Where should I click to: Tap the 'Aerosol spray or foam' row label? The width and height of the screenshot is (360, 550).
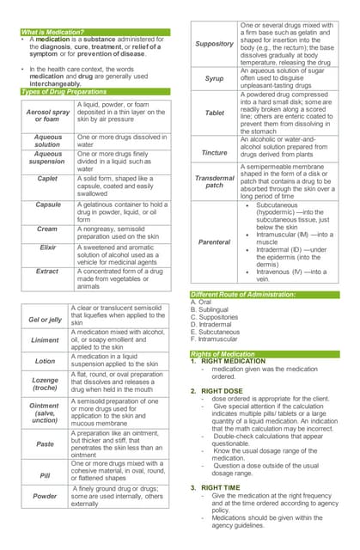click(48, 116)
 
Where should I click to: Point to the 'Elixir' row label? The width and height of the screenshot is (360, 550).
click(48, 247)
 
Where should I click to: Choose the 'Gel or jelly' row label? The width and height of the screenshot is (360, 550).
click(46, 320)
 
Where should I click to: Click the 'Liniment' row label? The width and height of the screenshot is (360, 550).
click(46, 339)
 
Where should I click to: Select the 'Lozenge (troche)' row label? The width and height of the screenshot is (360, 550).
click(46, 383)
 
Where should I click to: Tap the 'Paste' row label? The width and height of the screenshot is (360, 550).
click(46, 443)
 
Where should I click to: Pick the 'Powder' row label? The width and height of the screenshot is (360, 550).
click(46, 496)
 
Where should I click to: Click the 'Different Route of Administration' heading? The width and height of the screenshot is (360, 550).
click(242, 295)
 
